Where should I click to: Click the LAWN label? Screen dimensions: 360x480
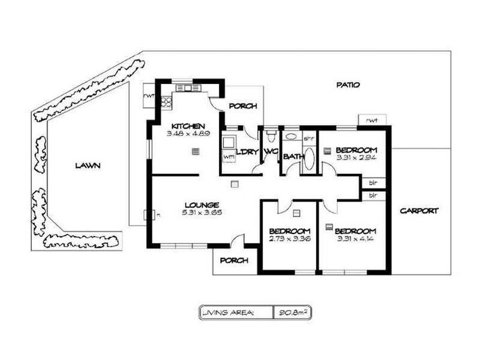[x=88, y=166]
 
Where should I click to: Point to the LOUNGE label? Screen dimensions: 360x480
[x=201, y=204]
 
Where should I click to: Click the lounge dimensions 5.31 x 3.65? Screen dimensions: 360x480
[x=201, y=212]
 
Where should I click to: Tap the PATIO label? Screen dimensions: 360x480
[x=347, y=85]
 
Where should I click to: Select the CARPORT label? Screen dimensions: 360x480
[x=419, y=211]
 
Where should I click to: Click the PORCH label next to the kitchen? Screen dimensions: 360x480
[x=242, y=106]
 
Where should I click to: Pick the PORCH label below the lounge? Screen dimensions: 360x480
[x=234, y=260]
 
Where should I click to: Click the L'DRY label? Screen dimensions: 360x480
[x=248, y=152]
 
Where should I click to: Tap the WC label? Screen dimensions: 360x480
[x=269, y=152]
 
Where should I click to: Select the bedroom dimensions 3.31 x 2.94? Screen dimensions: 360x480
[x=356, y=158]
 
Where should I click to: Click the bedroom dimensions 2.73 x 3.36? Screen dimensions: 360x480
[x=289, y=239]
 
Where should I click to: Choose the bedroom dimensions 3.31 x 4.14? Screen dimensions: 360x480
[x=355, y=239]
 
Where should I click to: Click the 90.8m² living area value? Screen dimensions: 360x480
[x=292, y=312]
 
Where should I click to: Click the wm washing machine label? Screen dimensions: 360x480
[x=228, y=157]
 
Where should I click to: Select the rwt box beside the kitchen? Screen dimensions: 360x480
[x=149, y=95]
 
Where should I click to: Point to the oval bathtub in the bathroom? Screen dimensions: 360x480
[x=309, y=161]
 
